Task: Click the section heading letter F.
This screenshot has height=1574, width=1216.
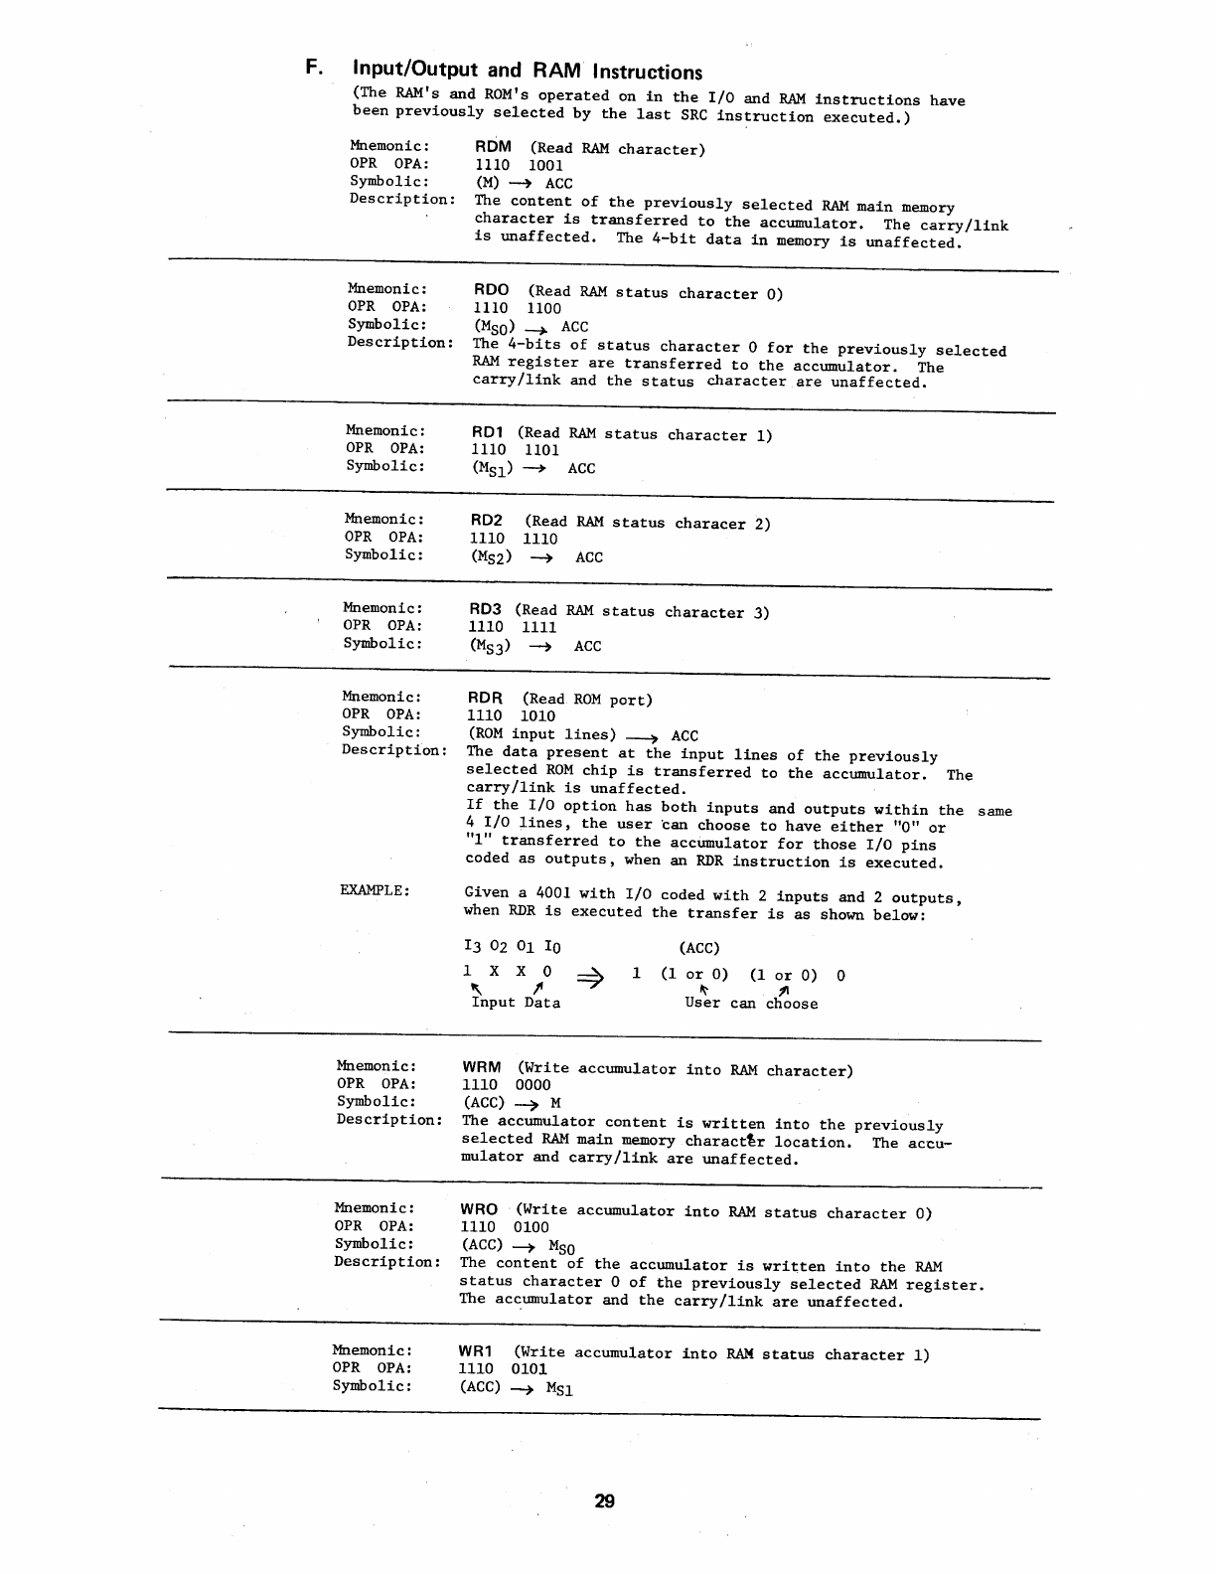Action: click(313, 68)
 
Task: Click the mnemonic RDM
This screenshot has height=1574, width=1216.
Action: click(493, 147)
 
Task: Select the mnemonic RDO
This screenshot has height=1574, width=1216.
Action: click(492, 290)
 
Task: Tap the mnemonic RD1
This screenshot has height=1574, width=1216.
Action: click(488, 432)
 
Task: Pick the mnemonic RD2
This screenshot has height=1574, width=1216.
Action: click(487, 521)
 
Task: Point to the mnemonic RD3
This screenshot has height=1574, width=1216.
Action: click(486, 609)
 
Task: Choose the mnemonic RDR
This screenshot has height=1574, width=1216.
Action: click(485, 698)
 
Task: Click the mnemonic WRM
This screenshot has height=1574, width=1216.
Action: click(482, 1067)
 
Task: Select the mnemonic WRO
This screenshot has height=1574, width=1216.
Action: click(479, 1209)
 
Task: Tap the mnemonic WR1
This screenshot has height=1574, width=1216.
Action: click(476, 1351)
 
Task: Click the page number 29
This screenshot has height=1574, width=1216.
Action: click(605, 1501)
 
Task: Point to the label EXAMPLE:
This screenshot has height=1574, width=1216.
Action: click(375, 890)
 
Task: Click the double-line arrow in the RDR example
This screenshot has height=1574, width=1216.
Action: click(590, 979)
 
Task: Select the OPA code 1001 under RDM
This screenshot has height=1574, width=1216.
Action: click(545, 166)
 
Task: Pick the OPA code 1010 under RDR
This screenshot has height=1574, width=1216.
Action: click(537, 715)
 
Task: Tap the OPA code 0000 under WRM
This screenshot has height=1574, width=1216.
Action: click(532, 1085)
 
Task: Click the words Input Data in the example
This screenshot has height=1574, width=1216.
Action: click(516, 1003)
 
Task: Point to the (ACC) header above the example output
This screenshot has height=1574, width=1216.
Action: click(698, 948)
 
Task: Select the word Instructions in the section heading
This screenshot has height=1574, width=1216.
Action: click(647, 72)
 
